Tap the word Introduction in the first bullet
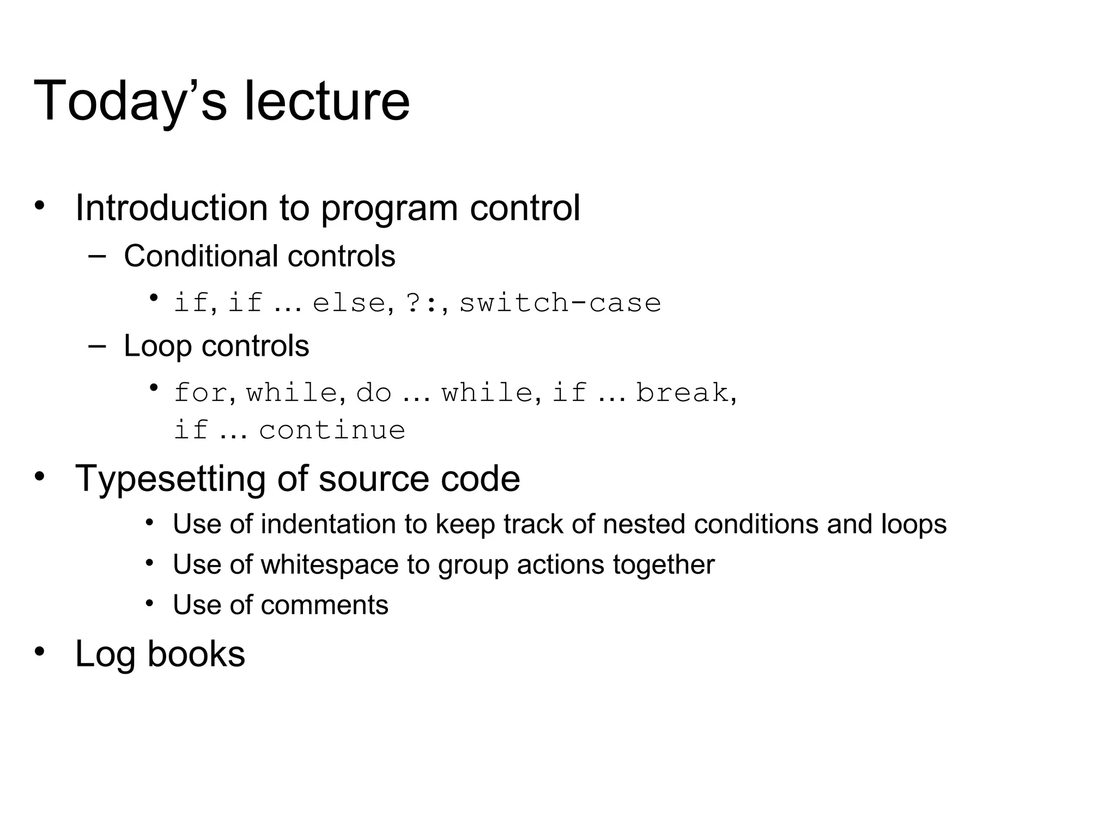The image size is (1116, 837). [171, 208]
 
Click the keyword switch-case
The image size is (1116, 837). [560, 303]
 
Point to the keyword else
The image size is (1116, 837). [349, 303]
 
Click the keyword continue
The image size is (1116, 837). [332, 430]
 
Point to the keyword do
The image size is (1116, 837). [373, 393]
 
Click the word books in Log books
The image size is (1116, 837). [196, 654]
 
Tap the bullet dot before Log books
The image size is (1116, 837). [39, 651]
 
